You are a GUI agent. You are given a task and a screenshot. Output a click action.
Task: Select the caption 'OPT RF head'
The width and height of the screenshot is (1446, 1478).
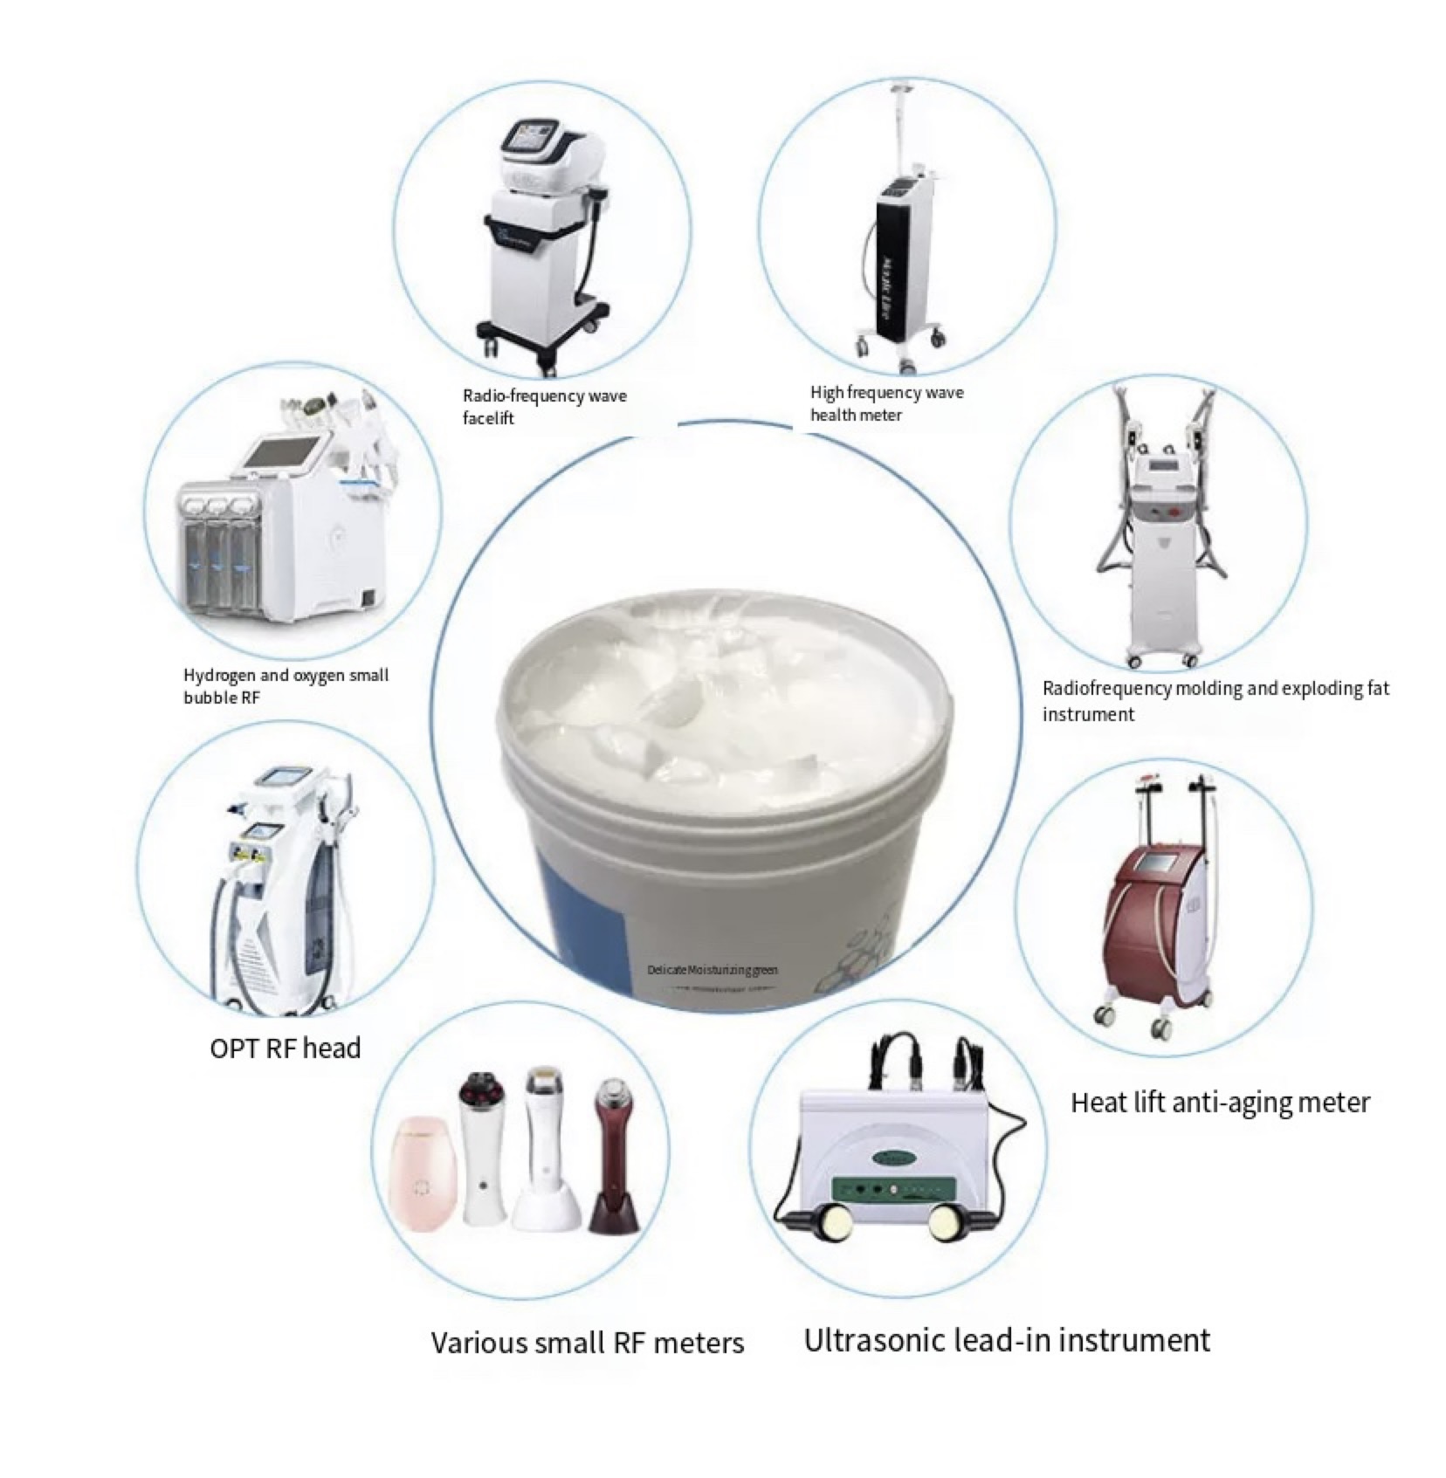click(286, 1048)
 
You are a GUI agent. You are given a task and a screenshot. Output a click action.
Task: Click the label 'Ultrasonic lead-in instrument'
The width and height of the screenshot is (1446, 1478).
click(1006, 1340)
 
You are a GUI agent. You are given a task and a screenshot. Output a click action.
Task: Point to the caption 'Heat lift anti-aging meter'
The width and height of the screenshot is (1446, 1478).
click(1220, 1103)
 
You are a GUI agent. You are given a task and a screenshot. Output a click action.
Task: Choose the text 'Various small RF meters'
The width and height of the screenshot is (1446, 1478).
click(588, 1342)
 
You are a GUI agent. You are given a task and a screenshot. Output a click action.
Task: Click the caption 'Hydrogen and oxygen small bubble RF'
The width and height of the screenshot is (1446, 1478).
click(286, 685)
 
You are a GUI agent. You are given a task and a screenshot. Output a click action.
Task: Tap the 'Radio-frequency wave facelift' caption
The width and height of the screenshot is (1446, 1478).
click(544, 407)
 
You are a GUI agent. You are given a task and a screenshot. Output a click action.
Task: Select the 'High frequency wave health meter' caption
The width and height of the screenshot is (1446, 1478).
click(886, 403)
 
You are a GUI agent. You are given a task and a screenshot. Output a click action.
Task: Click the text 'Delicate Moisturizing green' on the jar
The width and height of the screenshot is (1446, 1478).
click(713, 970)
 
